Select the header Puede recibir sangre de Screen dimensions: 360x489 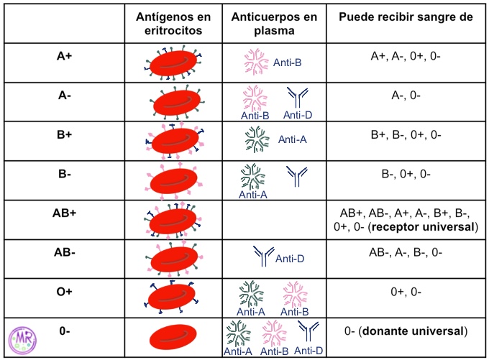pos(406,17)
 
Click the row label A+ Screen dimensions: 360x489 pos(65,55)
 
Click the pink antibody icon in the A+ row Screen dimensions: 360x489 pos(257,63)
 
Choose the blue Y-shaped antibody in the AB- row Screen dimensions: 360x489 pos(264,257)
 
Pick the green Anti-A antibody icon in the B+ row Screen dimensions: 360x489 pos(257,139)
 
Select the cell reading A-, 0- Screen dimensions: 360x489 pos(406,102)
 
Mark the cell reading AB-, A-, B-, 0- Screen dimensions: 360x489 pos(406,253)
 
